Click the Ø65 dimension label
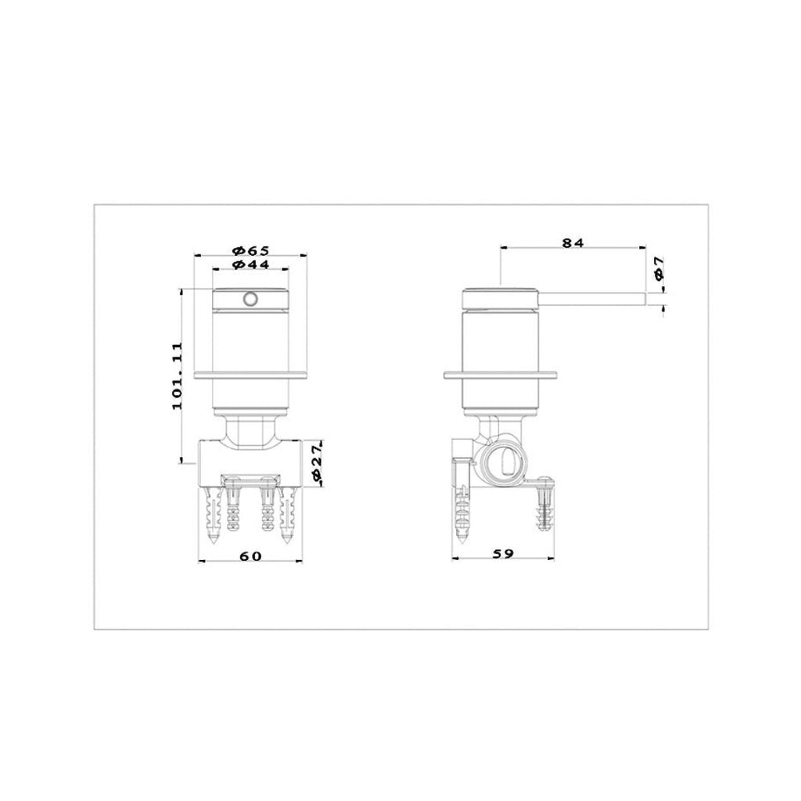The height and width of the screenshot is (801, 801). (250, 250)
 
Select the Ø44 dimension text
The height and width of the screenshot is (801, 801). (250, 266)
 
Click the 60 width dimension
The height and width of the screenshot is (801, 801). (250, 555)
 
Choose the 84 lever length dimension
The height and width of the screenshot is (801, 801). (573, 243)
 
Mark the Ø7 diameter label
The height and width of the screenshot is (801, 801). (659, 269)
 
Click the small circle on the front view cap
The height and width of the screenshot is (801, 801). (251, 299)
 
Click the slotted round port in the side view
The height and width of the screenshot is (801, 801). (503, 461)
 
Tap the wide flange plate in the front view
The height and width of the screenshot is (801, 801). (250, 374)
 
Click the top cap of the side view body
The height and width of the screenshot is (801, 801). (501, 298)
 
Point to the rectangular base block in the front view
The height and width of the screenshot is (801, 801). (250, 457)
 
